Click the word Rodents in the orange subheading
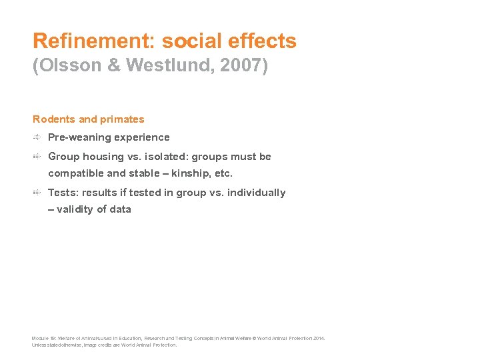click(54, 119)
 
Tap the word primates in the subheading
click(122, 119)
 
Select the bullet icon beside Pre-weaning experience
click(37, 137)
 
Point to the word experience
click(142, 137)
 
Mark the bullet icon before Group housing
click(37, 157)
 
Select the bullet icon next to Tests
click(37, 193)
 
